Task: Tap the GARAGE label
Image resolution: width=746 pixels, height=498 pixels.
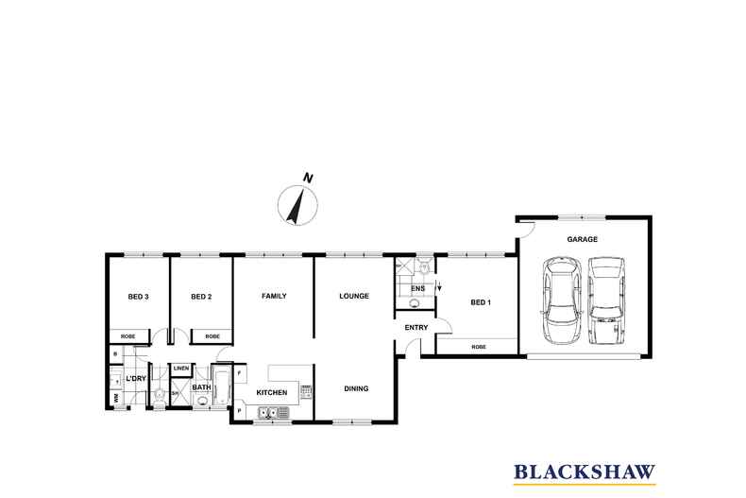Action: click(x=582, y=240)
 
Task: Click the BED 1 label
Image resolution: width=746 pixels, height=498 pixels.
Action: click(x=481, y=302)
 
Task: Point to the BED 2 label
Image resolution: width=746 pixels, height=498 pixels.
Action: click(x=200, y=297)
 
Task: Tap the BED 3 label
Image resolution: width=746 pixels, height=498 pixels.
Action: click(x=138, y=297)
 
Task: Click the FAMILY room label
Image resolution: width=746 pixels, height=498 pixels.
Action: click(x=274, y=296)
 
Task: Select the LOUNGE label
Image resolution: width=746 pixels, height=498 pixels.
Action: click(x=354, y=296)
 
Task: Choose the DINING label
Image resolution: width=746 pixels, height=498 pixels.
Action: click(x=356, y=387)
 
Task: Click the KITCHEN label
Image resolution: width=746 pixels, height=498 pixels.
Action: click(x=271, y=391)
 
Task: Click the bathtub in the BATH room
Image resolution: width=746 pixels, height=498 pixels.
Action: click(x=223, y=386)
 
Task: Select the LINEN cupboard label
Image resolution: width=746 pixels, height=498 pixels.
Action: click(x=181, y=369)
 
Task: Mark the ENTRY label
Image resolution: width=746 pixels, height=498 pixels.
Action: click(x=415, y=328)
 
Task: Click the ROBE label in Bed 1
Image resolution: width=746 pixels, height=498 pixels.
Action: click(x=478, y=347)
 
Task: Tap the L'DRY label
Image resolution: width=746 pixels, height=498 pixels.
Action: click(x=138, y=380)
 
